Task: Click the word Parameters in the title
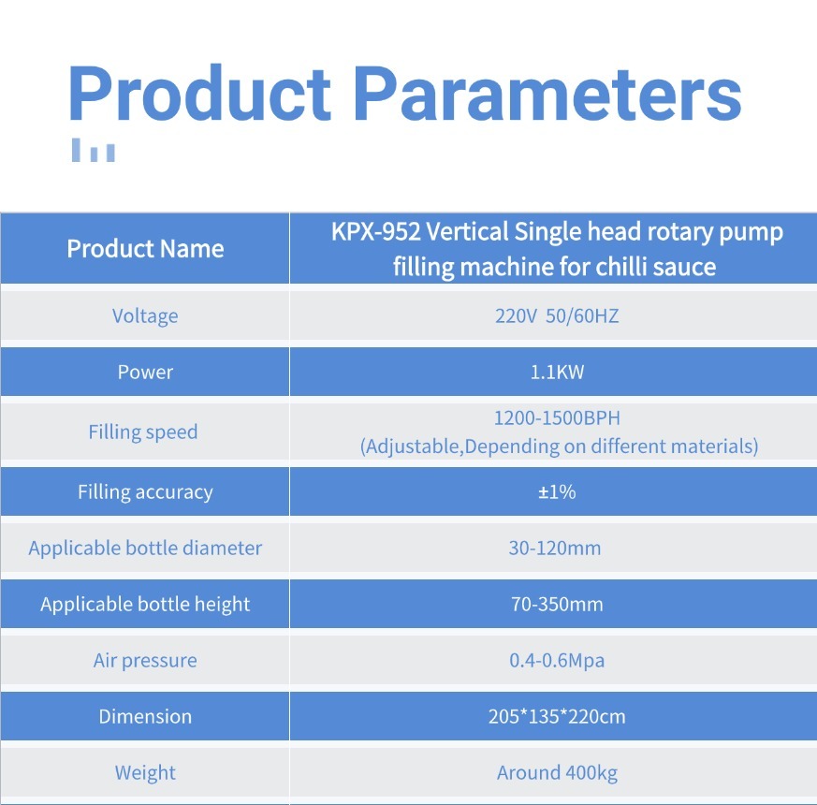(547, 94)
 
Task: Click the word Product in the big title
(199, 94)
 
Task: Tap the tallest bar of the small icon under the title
(76, 150)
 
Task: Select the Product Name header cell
(145, 249)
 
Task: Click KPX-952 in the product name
(375, 232)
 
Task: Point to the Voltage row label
(145, 316)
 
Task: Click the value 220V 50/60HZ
(557, 316)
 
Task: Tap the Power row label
(145, 372)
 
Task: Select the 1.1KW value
(557, 372)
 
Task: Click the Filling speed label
(143, 432)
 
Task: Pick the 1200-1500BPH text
(557, 417)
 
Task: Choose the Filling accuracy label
(145, 491)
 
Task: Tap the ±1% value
(557, 491)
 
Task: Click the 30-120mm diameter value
(555, 549)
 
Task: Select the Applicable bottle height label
(145, 605)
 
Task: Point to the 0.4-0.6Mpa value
(557, 661)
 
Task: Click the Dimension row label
(145, 716)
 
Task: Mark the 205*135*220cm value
(557, 716)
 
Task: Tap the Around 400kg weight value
(557, 772)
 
